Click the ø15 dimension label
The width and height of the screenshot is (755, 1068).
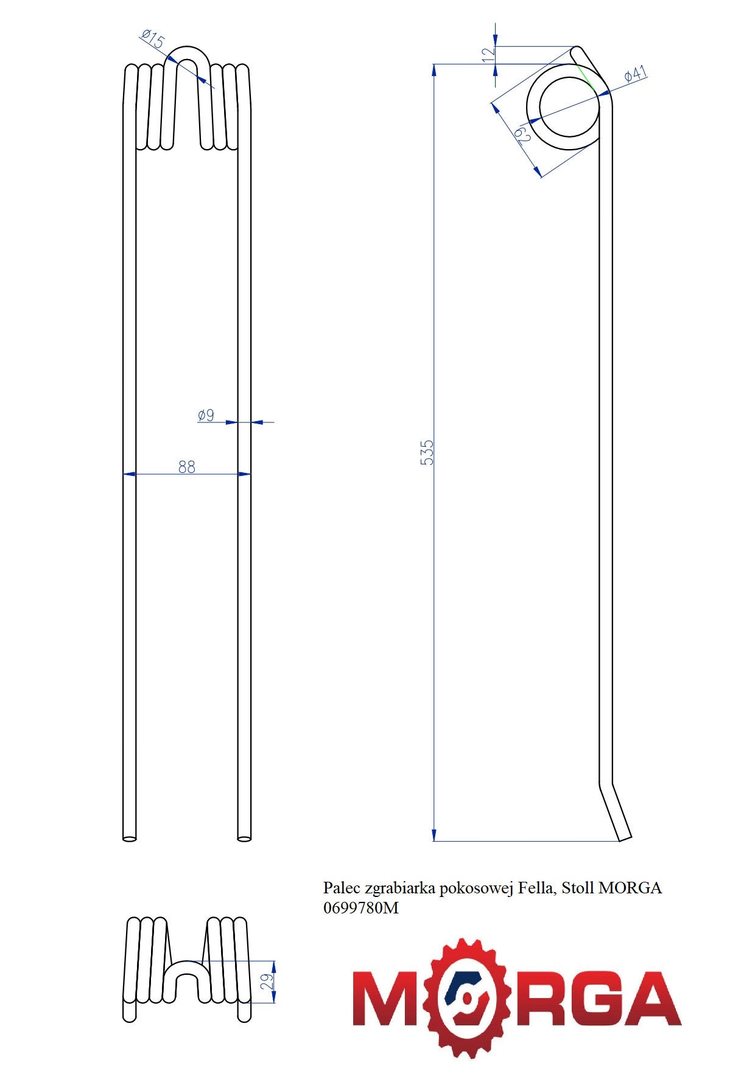153,39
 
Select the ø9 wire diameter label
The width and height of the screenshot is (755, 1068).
206,415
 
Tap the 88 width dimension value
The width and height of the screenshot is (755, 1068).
187,467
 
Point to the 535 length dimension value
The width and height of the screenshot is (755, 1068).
427,453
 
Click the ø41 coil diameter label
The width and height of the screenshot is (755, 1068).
636,74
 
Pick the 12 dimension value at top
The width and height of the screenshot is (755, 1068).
488,54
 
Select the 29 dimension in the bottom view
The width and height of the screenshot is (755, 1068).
267,981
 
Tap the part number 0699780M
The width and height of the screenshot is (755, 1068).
361,908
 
